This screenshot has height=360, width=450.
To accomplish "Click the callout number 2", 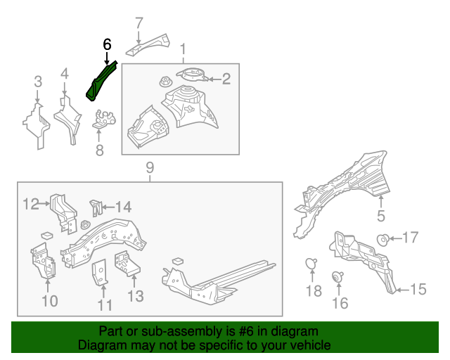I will (226, 79).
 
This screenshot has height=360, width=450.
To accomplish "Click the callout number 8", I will (99, 149).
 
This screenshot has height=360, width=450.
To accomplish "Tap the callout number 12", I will (30, 205).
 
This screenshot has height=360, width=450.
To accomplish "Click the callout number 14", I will (123, 207).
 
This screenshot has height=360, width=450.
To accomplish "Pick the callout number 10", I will (49, 302).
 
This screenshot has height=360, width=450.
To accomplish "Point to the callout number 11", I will (105, 305).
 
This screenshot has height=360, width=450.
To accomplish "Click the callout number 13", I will (135, 297).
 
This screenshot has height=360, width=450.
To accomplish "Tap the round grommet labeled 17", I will (384, 239).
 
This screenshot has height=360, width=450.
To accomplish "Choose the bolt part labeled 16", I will (338, 276).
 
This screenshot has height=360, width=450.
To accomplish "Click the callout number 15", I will (418, 289).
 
